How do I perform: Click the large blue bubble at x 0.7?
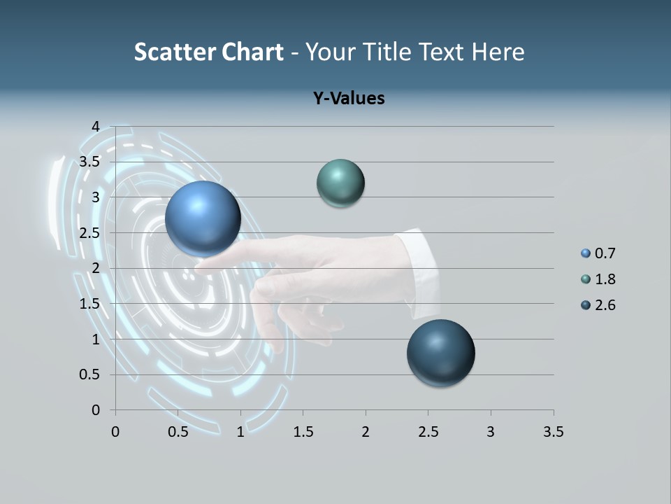(x=203, y=218)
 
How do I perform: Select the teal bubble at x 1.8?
(x=340, y=183)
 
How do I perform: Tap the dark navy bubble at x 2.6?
(x=440, y=353)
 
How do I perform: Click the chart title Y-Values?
(x=348, y=98)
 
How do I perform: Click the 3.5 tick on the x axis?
(x=553, y=432)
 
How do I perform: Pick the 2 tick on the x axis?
(x=366, y=432)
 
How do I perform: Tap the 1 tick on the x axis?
(x=240, y=432)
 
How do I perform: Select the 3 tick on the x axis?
(x=491, y=432)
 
